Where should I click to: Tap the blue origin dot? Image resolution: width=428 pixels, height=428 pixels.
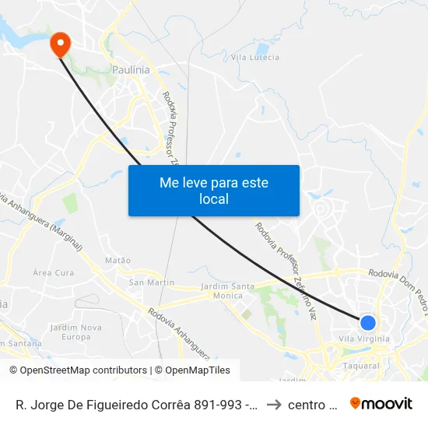click(x=368, y=323)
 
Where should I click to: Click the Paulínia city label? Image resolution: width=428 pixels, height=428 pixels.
click(x=131, y=69)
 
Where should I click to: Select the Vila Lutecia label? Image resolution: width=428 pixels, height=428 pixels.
click(x=255, y=57)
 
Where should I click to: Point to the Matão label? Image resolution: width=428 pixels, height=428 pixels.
click(x=118, y=260)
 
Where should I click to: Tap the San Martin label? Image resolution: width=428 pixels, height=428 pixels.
click(x=152, y=282)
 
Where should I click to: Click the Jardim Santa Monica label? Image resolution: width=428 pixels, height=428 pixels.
click(x=227, y=291)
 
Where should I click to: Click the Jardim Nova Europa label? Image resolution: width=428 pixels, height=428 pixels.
click(x=75, y=332)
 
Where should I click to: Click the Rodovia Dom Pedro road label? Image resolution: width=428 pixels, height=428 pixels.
click(x=397, y=274)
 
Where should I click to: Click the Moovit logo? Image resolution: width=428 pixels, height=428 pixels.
click(x=381, y=403)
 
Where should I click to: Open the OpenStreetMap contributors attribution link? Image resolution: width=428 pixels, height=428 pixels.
click(x=78, y=370)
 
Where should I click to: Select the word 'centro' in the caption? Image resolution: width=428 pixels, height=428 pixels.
click(x=310, y=404)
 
